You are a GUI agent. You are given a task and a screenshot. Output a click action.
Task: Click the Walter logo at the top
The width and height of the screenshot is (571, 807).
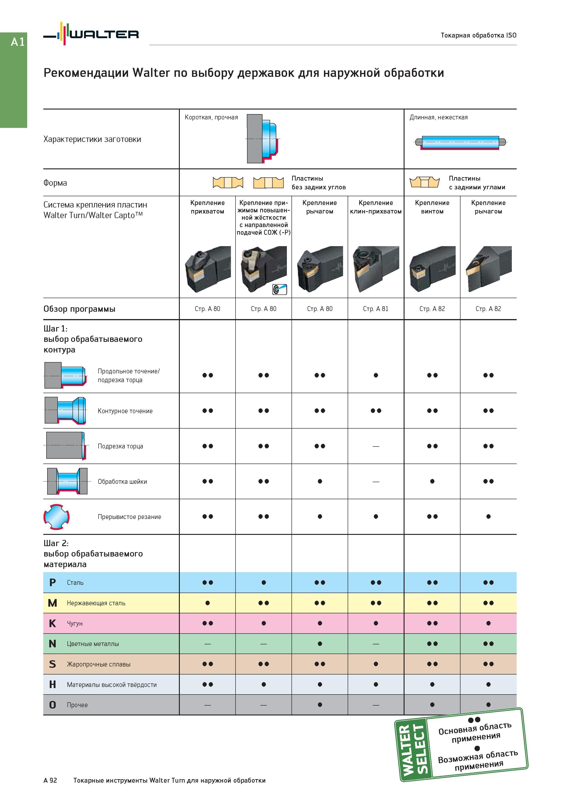point(91,34)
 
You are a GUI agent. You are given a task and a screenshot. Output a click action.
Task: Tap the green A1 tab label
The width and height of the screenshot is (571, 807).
point(17,42)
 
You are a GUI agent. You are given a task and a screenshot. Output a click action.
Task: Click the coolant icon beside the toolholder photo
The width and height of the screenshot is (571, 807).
point(280,289)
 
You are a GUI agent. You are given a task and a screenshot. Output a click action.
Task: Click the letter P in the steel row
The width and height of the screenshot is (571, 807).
point(52,582)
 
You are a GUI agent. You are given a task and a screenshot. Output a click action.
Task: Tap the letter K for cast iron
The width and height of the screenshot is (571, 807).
point(52,623)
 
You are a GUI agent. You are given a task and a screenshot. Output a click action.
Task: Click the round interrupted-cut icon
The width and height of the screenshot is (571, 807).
point(56,517)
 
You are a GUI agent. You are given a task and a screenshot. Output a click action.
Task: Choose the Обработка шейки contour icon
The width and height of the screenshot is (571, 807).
point(67,481)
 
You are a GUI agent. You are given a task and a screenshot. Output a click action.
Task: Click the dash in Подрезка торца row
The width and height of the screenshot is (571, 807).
point(376,446)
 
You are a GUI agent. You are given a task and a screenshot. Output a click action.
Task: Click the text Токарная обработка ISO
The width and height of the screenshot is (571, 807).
point(478,35)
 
